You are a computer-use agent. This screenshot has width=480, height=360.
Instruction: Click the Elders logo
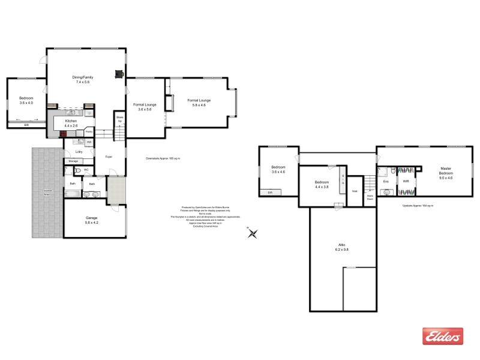click(x=443, y=336)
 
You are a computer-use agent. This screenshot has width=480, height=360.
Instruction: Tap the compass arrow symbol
click(x=253, y=233)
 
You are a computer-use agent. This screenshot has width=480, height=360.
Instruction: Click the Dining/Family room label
click(x=83, y=79)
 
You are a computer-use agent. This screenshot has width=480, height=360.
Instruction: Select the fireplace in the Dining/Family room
click(x=119, y=74)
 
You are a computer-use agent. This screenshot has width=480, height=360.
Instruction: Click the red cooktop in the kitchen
click(x=62, y=134)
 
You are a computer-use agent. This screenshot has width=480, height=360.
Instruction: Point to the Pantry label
click(x=88, y=131)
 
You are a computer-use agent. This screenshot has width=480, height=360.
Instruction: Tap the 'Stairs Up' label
click(x=119, y=119)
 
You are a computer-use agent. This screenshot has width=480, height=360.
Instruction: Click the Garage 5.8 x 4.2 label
click(x=91, y=220)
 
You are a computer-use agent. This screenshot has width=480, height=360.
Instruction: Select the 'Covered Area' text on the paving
click(x=47, y=192)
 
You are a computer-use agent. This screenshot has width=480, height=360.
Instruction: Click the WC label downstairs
click(x=86, y=170)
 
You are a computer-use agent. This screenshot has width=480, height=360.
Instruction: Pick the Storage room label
click(x=73, y=161)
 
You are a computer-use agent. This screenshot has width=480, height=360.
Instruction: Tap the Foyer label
click(x=109, y=157)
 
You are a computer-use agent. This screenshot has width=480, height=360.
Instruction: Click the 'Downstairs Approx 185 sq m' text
click(x=163, y=158)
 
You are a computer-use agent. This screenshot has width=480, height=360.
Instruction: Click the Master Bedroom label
click(x=446, y=173)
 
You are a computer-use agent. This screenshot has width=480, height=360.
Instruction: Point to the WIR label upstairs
click(x=406, y=181)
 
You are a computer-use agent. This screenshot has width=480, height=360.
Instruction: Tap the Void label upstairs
click(x=355, y=191)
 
